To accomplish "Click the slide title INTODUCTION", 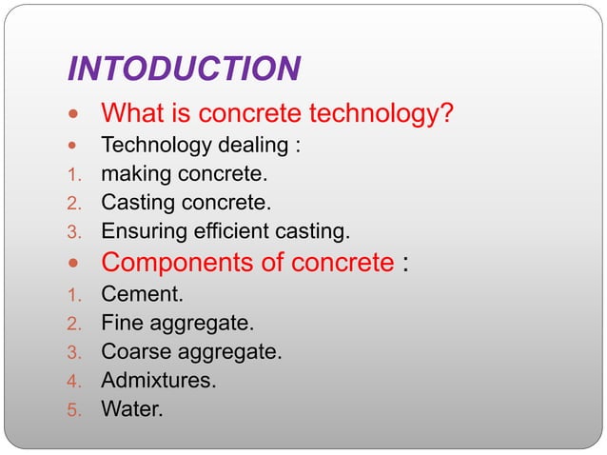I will [185, 69].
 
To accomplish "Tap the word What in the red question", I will [133, 115].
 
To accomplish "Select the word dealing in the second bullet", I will [245, 147].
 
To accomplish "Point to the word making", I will [135, 175].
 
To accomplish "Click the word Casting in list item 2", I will [135, 203].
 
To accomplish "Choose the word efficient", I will [226, 231].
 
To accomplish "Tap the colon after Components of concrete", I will [406, 264].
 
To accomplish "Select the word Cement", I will [139, 294].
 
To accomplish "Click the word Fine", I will [121, 323].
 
